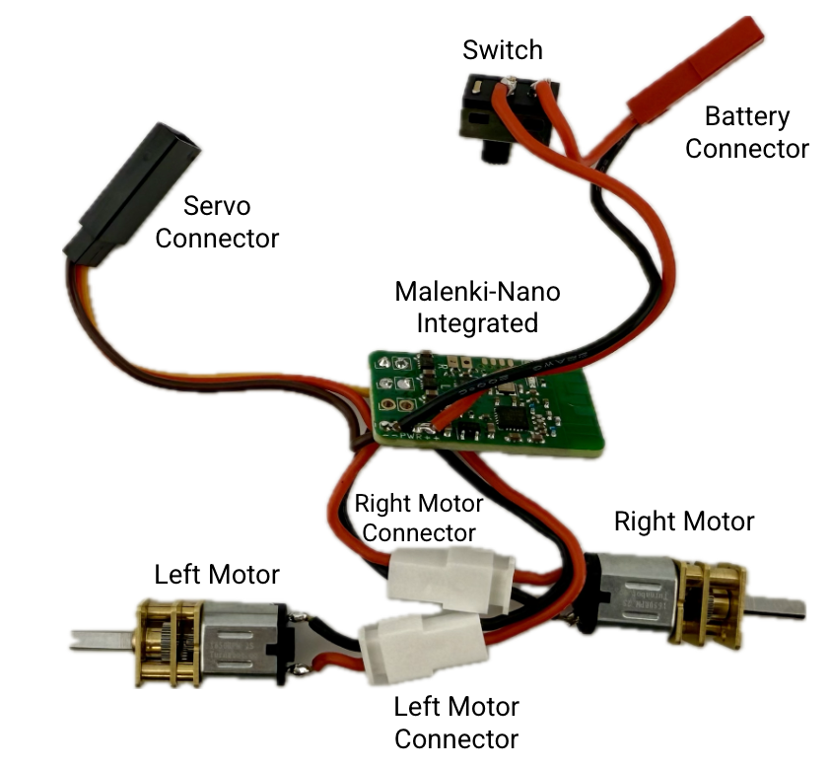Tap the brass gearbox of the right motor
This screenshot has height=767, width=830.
[707, 603]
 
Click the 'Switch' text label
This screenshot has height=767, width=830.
[503, 49]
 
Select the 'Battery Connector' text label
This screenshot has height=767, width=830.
[747, 132]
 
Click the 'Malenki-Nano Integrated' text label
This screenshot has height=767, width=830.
[477, 307]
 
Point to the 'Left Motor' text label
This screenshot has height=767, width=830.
[217, 574]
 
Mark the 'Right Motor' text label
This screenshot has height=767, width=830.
[684, 521]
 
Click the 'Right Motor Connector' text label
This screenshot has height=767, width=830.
[419, 519]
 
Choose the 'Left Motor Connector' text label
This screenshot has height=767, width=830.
[455, 722]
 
